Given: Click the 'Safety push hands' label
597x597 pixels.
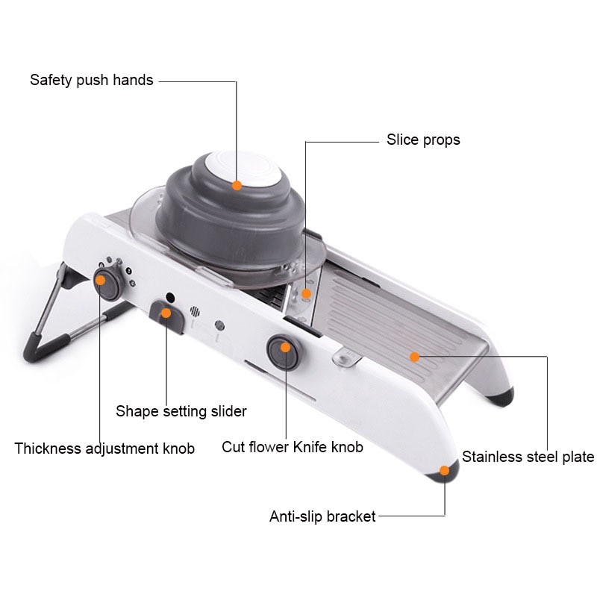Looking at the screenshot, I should [x=92, y=80].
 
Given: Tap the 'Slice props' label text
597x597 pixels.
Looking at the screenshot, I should [x=423, y=140].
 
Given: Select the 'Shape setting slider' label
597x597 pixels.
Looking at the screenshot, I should [x=181, y=411].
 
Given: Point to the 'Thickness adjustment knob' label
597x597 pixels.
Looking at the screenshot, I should [x=104, y=448].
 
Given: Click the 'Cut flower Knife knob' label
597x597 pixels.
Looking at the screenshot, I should [x=293, y=447].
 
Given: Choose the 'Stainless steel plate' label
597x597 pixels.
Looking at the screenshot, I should [x=528, y=457].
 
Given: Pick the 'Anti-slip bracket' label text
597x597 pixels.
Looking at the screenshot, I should [x=322, y=516].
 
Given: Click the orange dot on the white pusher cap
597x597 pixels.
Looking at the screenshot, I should [x=237, y=185].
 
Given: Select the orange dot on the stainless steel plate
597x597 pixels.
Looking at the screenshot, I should [x=414, y=357].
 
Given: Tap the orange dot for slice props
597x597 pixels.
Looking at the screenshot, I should [x=306, y=293].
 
